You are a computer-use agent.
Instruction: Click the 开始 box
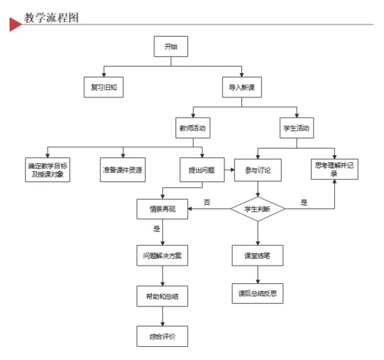pos(170,47)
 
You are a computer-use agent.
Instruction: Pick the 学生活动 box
pos(296,128)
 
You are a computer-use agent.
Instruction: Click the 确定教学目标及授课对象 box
pos(48,169)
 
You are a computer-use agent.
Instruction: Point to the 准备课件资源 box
pos(122,169)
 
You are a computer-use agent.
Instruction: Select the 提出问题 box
pos(201,169)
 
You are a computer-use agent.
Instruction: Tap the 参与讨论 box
pos(257,169)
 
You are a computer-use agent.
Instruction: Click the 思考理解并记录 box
pos(334,169)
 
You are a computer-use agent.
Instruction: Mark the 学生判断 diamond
pos(257,209)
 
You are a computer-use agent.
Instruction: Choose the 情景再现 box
pos(161,209)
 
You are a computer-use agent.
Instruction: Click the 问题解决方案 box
pos(161,255)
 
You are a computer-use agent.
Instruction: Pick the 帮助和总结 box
pos(161,296)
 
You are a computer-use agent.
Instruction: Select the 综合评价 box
pos(161,335)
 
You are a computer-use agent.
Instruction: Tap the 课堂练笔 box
pos(257,255)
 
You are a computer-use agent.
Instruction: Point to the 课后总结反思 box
pos(257,293)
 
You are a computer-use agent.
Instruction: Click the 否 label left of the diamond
pos(207,202)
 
